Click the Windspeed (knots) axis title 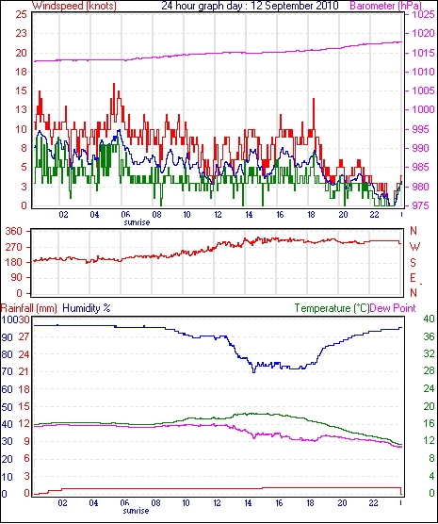[x=74, y=6]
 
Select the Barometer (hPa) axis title [x=385, y=6]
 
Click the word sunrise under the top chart [x=137, y=222]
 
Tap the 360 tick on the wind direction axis [x=14, y=231]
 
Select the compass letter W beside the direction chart [x=414, y=247]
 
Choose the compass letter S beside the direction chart [x=414, y=263]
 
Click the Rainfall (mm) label [x=29, y=308]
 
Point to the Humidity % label [x=87, y=308]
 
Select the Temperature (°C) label [x=332, y=308]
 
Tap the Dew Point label [x=393, y=308]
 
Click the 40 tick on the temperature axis [x=429, y=319]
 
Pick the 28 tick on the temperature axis [x=429, y=371]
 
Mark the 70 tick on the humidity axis [x=7, y=371]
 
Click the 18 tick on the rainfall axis [x=24, y=389]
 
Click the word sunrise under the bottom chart [x=136, y=511]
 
